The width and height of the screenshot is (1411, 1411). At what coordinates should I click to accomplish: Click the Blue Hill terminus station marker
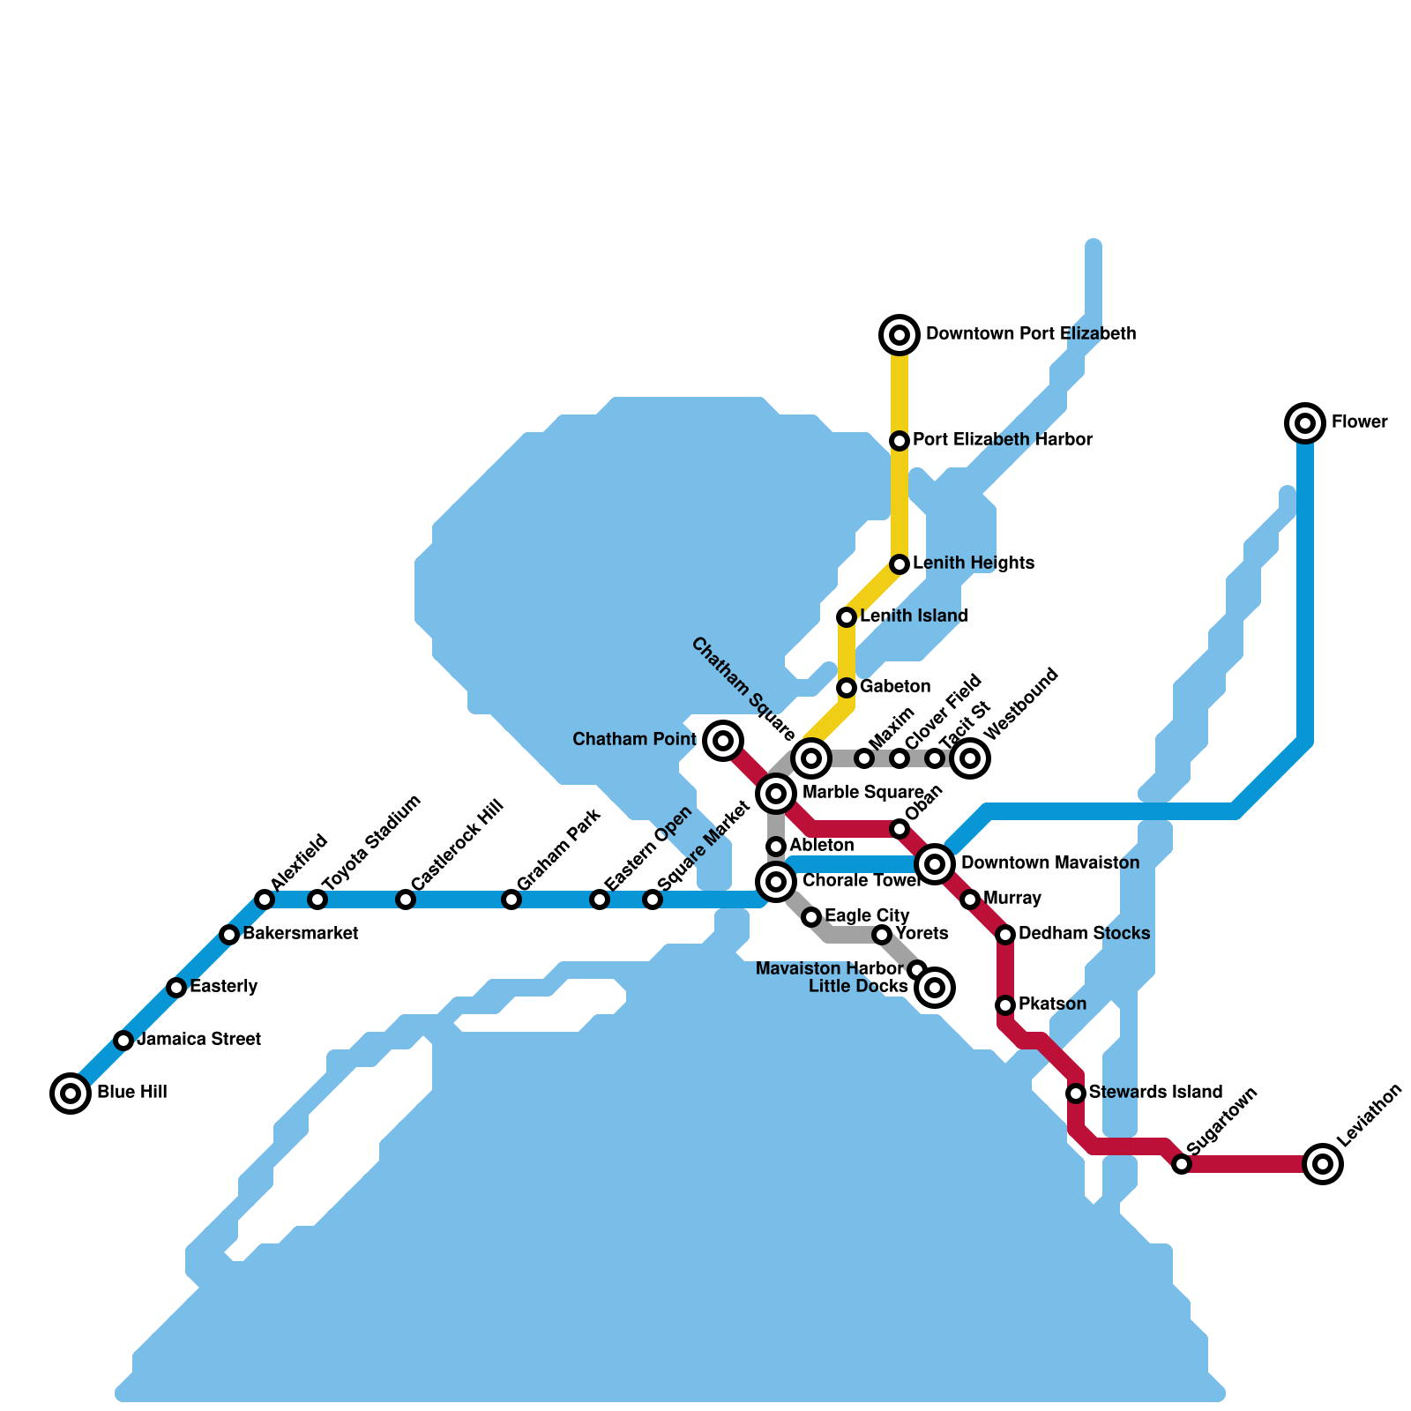71,1094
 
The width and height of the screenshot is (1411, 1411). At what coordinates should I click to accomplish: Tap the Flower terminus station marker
1305,423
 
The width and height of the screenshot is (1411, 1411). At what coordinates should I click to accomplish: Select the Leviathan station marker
1323,1164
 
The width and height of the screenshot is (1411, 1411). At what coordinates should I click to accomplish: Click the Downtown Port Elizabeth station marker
900,335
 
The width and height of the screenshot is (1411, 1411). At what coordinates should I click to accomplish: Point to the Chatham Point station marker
723,741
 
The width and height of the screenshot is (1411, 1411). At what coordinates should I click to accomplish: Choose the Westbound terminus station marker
970,758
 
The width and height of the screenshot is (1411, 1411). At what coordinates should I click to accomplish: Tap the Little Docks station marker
935,988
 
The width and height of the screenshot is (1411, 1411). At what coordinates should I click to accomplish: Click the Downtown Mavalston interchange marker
935,864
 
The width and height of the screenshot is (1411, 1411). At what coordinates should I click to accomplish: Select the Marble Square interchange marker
776,794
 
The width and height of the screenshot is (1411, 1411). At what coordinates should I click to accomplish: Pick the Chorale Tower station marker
776,880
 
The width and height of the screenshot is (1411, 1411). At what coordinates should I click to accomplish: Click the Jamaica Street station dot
123,1041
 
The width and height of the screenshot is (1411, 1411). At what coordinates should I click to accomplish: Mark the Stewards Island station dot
1076,1094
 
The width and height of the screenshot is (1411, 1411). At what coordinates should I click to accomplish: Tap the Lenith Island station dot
847,617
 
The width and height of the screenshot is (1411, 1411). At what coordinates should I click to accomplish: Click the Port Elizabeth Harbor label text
1003,439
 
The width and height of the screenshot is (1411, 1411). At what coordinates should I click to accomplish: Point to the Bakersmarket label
300,933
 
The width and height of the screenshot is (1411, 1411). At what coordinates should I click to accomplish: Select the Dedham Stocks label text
1084,933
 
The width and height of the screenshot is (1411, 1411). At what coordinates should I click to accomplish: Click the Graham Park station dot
511,900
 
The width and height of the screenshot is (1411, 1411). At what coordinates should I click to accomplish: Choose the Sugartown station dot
1182,1164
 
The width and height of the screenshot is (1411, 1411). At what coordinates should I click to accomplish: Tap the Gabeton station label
895,686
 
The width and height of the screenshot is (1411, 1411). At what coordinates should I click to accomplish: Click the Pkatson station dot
1005,1005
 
